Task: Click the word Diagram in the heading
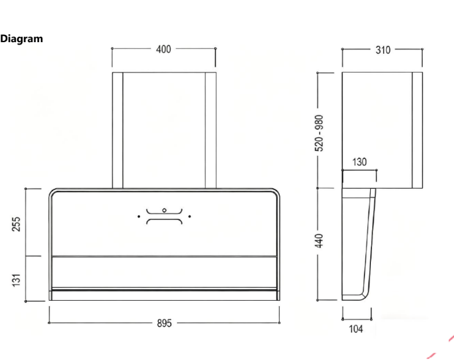pyautogui.click(x=21, y=39)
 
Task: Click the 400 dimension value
pyautogui.click(x=164, y=50)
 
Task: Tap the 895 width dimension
pyautogui.click(x=164, y=323)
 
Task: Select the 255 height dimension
pyautogui.click(x=16, y=224)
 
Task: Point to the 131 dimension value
pyautogui.click(x=16, y=280)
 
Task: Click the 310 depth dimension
pyautogui.click(x=383, y=50)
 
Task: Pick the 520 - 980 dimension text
pyautogui.click(x=319, y=133)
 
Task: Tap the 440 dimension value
pyautogui.click(x=319, y=241)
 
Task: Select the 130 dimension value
pyautogui.click(x=359, y=162)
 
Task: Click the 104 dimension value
pyautogui.click(x=356, y=329)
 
